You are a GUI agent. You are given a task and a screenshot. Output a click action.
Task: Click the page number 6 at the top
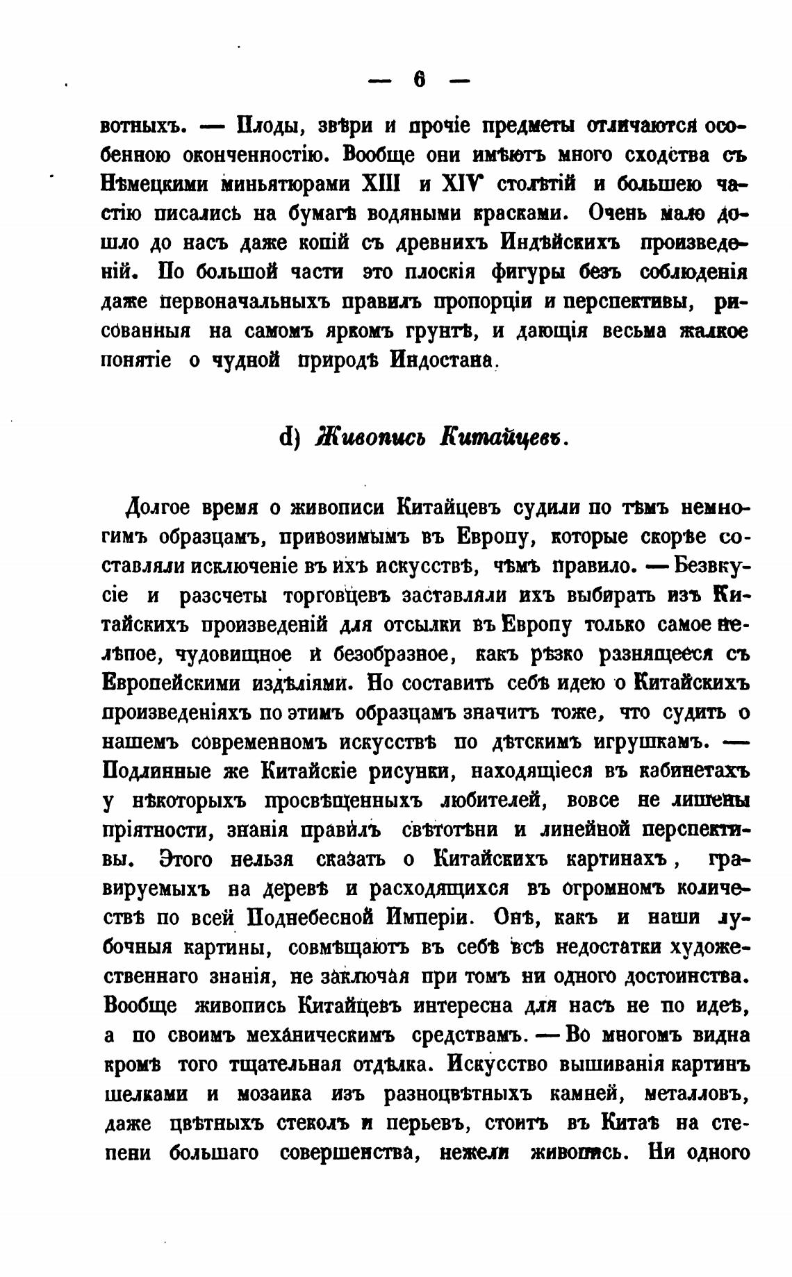[419, 80]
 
